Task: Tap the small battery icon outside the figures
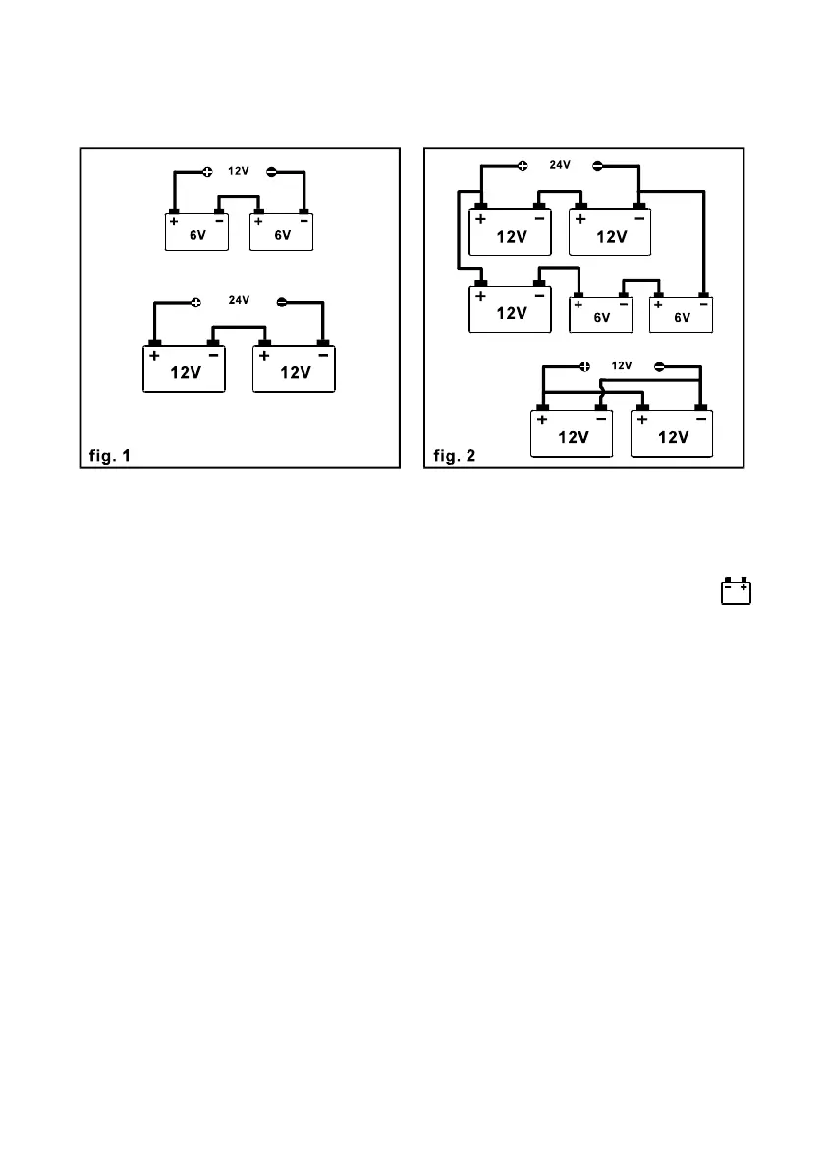[x=736, y=591]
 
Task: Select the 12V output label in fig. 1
[x=237, y=171]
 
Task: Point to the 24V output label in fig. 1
[x=239, y=301]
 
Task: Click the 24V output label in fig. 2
[x=559, y=165]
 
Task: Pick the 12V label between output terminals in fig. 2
[x=621, y=365]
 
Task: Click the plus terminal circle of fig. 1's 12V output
[x=207, y=172]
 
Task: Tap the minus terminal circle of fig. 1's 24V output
[x=282, y=302]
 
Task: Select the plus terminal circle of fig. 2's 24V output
[x=522, y=165]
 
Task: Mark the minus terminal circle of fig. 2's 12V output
[x=659, y=366]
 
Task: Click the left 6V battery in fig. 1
[x=195, y=232]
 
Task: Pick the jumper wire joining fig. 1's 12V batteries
[x=239, y=328]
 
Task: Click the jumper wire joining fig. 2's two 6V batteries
[x=641, y=281]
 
